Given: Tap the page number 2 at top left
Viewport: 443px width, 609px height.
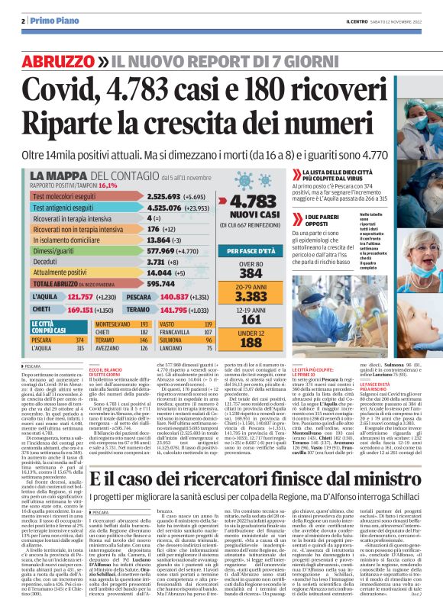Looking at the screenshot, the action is (25, 21).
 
